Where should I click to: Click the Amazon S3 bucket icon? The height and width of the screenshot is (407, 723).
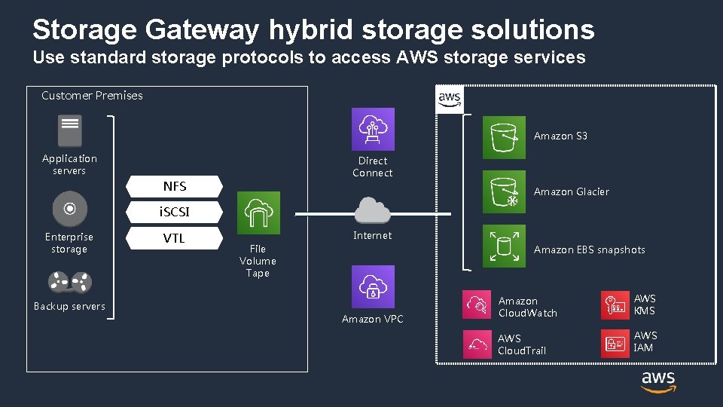point(504,137)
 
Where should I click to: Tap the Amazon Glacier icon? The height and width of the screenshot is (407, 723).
point(504,192)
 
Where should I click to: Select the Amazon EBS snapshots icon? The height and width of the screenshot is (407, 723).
point(504,246)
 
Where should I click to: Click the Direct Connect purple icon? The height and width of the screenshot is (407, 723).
point(373,129)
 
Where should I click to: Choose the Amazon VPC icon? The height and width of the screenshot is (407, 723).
point(373,286)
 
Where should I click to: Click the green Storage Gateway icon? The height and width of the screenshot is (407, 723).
point(258,213)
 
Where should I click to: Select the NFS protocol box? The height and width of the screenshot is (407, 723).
point(175,186)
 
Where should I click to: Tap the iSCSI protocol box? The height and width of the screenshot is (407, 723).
point(175,213)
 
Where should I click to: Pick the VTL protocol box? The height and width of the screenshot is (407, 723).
point(175,238)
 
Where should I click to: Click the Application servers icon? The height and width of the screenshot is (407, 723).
point(70,131)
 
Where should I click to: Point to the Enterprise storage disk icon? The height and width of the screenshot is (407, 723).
point(70,209)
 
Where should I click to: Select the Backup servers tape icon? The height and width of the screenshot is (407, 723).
point(70,283)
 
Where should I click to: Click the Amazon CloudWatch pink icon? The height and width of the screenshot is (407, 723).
point(477,304)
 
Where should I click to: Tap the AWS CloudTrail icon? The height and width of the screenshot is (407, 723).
point(477,344)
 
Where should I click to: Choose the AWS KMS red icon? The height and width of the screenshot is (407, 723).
point(615,304)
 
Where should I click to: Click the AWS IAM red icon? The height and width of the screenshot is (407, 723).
point(615,344)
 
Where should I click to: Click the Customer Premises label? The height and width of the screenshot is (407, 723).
point(92,96)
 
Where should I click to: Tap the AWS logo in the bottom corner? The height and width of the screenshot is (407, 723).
point(658,381)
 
